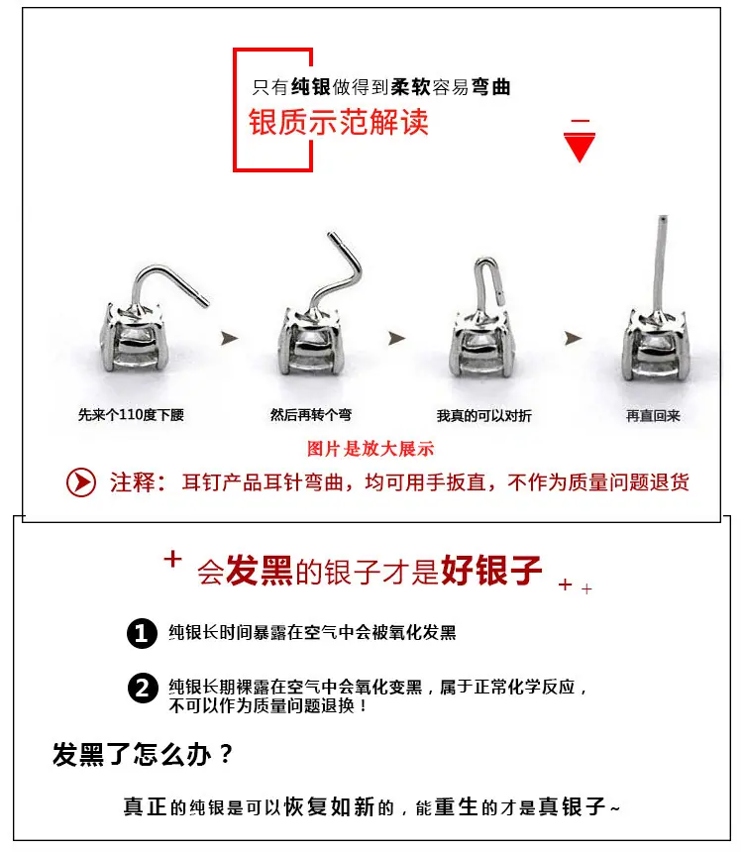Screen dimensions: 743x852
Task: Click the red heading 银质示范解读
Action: coord(338,122)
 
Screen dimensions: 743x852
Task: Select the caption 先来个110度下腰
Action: coord(131,415)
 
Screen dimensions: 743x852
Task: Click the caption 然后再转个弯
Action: coord(311,415)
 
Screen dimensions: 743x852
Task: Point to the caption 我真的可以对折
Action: coord(483,416)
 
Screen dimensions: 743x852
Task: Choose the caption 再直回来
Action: coord(653,416)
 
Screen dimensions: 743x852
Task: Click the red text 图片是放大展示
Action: coord(371,449)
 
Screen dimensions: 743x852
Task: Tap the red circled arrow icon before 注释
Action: coord(81,481)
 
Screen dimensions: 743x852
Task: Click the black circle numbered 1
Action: coord(142,633)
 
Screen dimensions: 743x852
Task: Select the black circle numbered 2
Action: coord(143,688)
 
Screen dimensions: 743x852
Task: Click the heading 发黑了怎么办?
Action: coord(143,754)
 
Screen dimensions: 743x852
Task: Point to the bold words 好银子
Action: coord(491,571)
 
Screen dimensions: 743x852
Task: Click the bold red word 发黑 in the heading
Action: coord(260,571)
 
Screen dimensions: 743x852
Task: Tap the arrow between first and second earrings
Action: coord(230,338)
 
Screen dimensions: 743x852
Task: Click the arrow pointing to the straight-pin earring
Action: coord(573,338)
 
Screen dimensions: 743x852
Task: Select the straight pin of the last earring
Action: coord(660,266)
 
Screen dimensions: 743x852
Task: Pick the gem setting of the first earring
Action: coord(133,339)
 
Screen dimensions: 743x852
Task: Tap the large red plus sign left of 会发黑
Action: coord(172,559)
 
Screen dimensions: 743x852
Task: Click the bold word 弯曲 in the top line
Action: coord(491,87)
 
